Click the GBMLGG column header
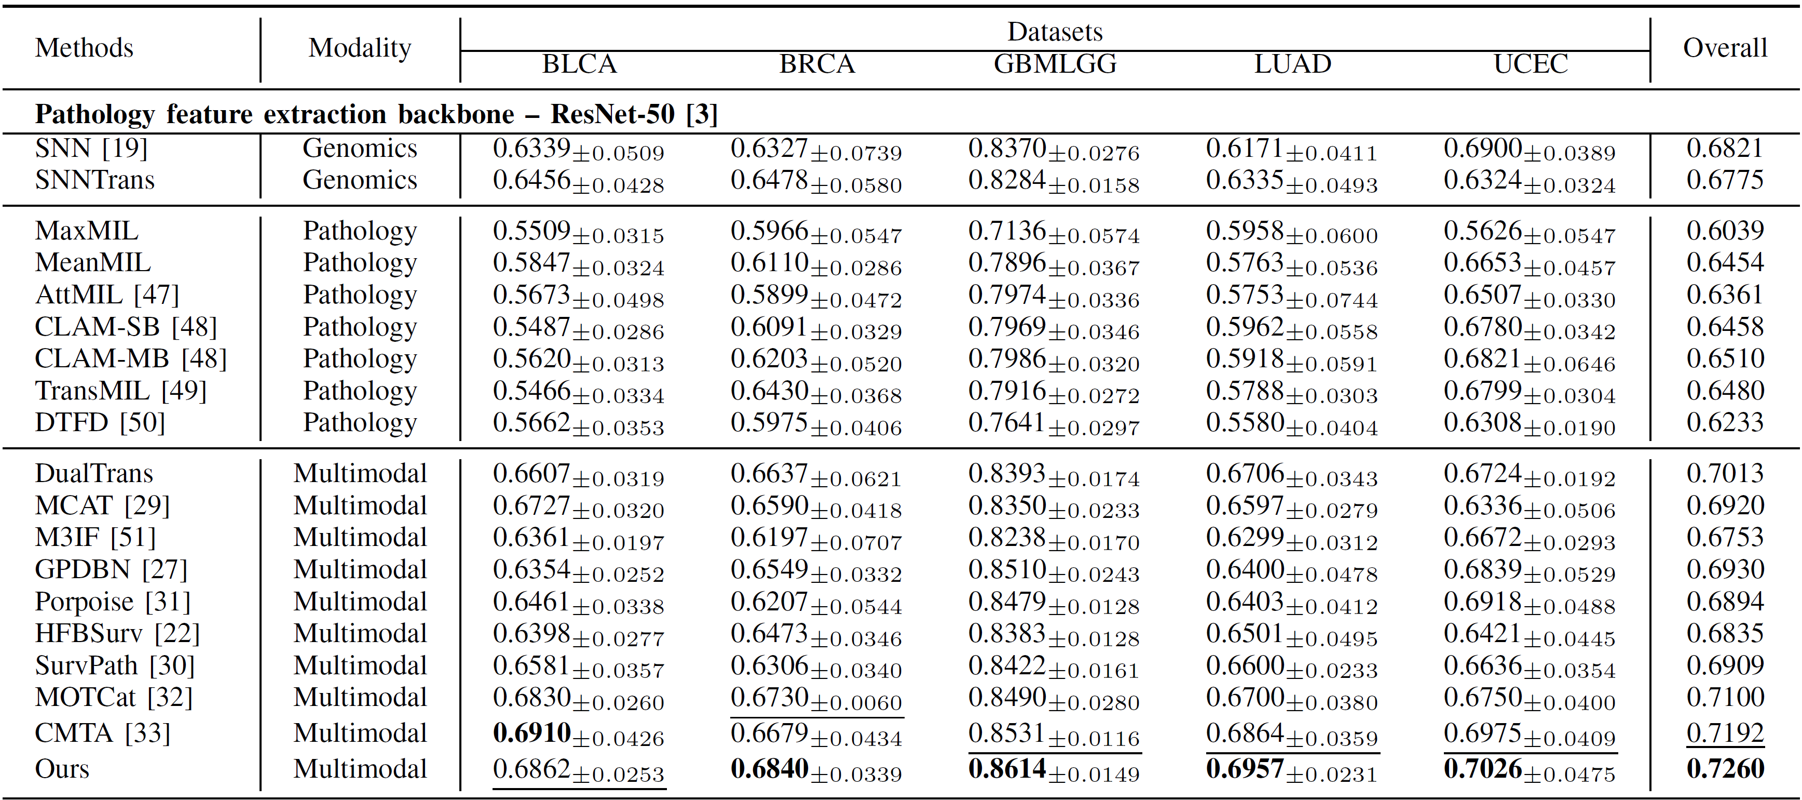[x=1055, y=64]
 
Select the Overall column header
[x=1724, y=48]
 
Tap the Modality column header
[x=360, y=48]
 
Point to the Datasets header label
[x=1055, y=32]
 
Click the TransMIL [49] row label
[x=121, y=391]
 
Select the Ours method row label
[x=62, y=768]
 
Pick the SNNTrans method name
[x=94, y=180]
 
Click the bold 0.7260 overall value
[x=1725, y=768]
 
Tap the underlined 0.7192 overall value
[x=1725, y=733]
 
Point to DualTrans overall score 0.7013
[x=1725, y=473]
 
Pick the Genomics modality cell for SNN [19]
[x=360, y=149]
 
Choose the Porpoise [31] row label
[x=113, y=601]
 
